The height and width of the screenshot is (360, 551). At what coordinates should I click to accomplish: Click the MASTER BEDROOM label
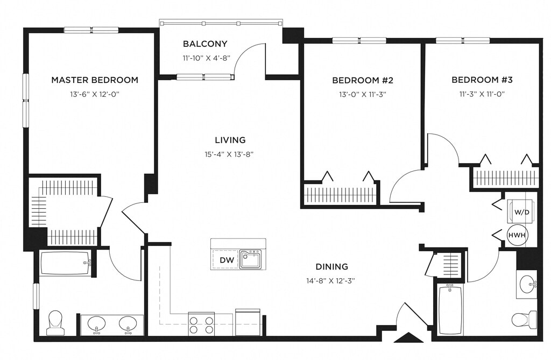pyautogui.click(x=95, y=80)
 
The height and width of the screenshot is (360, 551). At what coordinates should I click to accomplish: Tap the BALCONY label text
pyautogui.click(x=205, y=44)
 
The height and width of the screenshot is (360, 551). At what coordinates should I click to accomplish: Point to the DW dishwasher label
pyautogui.click(x=227, y=260)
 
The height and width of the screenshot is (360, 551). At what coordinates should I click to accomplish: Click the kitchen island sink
pyautogui.click(x=251, y=259)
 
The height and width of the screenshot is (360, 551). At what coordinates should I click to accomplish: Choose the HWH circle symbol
pyautogui.click(x=517, y=235)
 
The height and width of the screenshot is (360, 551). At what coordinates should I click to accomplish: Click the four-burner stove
pyautogui.click(x=201, y=323)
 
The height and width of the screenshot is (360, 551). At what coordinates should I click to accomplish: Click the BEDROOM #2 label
pyautogui.click(x=363, y=80)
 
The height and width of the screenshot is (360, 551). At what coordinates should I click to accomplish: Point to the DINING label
pyautogui.click(x=331, y=266)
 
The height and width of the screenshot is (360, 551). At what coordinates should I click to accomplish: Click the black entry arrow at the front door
pyautogui.click(x=409, y=337)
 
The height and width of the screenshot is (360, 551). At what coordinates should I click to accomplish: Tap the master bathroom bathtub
pyautogui.click(x=65, y=263)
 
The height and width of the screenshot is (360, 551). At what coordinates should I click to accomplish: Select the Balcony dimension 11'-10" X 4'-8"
pyautogui.click(x=206, y=58)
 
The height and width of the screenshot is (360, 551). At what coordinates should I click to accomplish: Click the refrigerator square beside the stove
pyautogui.click(x=248, y=322)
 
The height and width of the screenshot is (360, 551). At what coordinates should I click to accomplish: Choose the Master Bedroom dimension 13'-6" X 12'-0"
pyautogui.click(x=95, y=94)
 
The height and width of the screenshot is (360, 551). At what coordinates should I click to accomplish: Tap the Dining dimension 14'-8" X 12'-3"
pyautogui.click(x=331, y=280)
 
